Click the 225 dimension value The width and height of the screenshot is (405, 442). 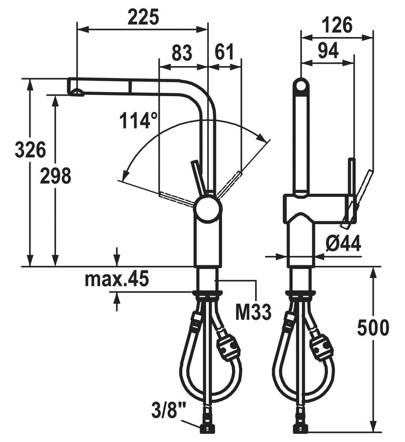tap(143, 17)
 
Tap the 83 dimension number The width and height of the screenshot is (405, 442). tap(182, 53)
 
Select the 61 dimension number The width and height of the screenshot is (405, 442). tap(224, 52)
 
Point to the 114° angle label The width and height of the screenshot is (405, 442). tap(138, 120)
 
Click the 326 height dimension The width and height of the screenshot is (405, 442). tap(30, 149)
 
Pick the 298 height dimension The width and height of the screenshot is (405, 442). tap(56, 176)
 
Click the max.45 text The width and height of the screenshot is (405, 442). tap(116, 279)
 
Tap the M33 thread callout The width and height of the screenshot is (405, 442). tap(253, 312)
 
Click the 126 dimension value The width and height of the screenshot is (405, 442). tap(337, 25)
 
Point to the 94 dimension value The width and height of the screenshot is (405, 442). tap(329, 51)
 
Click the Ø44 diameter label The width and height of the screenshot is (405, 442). tap(343, 243)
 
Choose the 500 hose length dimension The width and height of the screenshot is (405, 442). tap(373, 327)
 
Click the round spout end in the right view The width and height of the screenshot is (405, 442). tap(301, 85)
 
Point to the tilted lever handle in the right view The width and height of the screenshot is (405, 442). tap(357, 198)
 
